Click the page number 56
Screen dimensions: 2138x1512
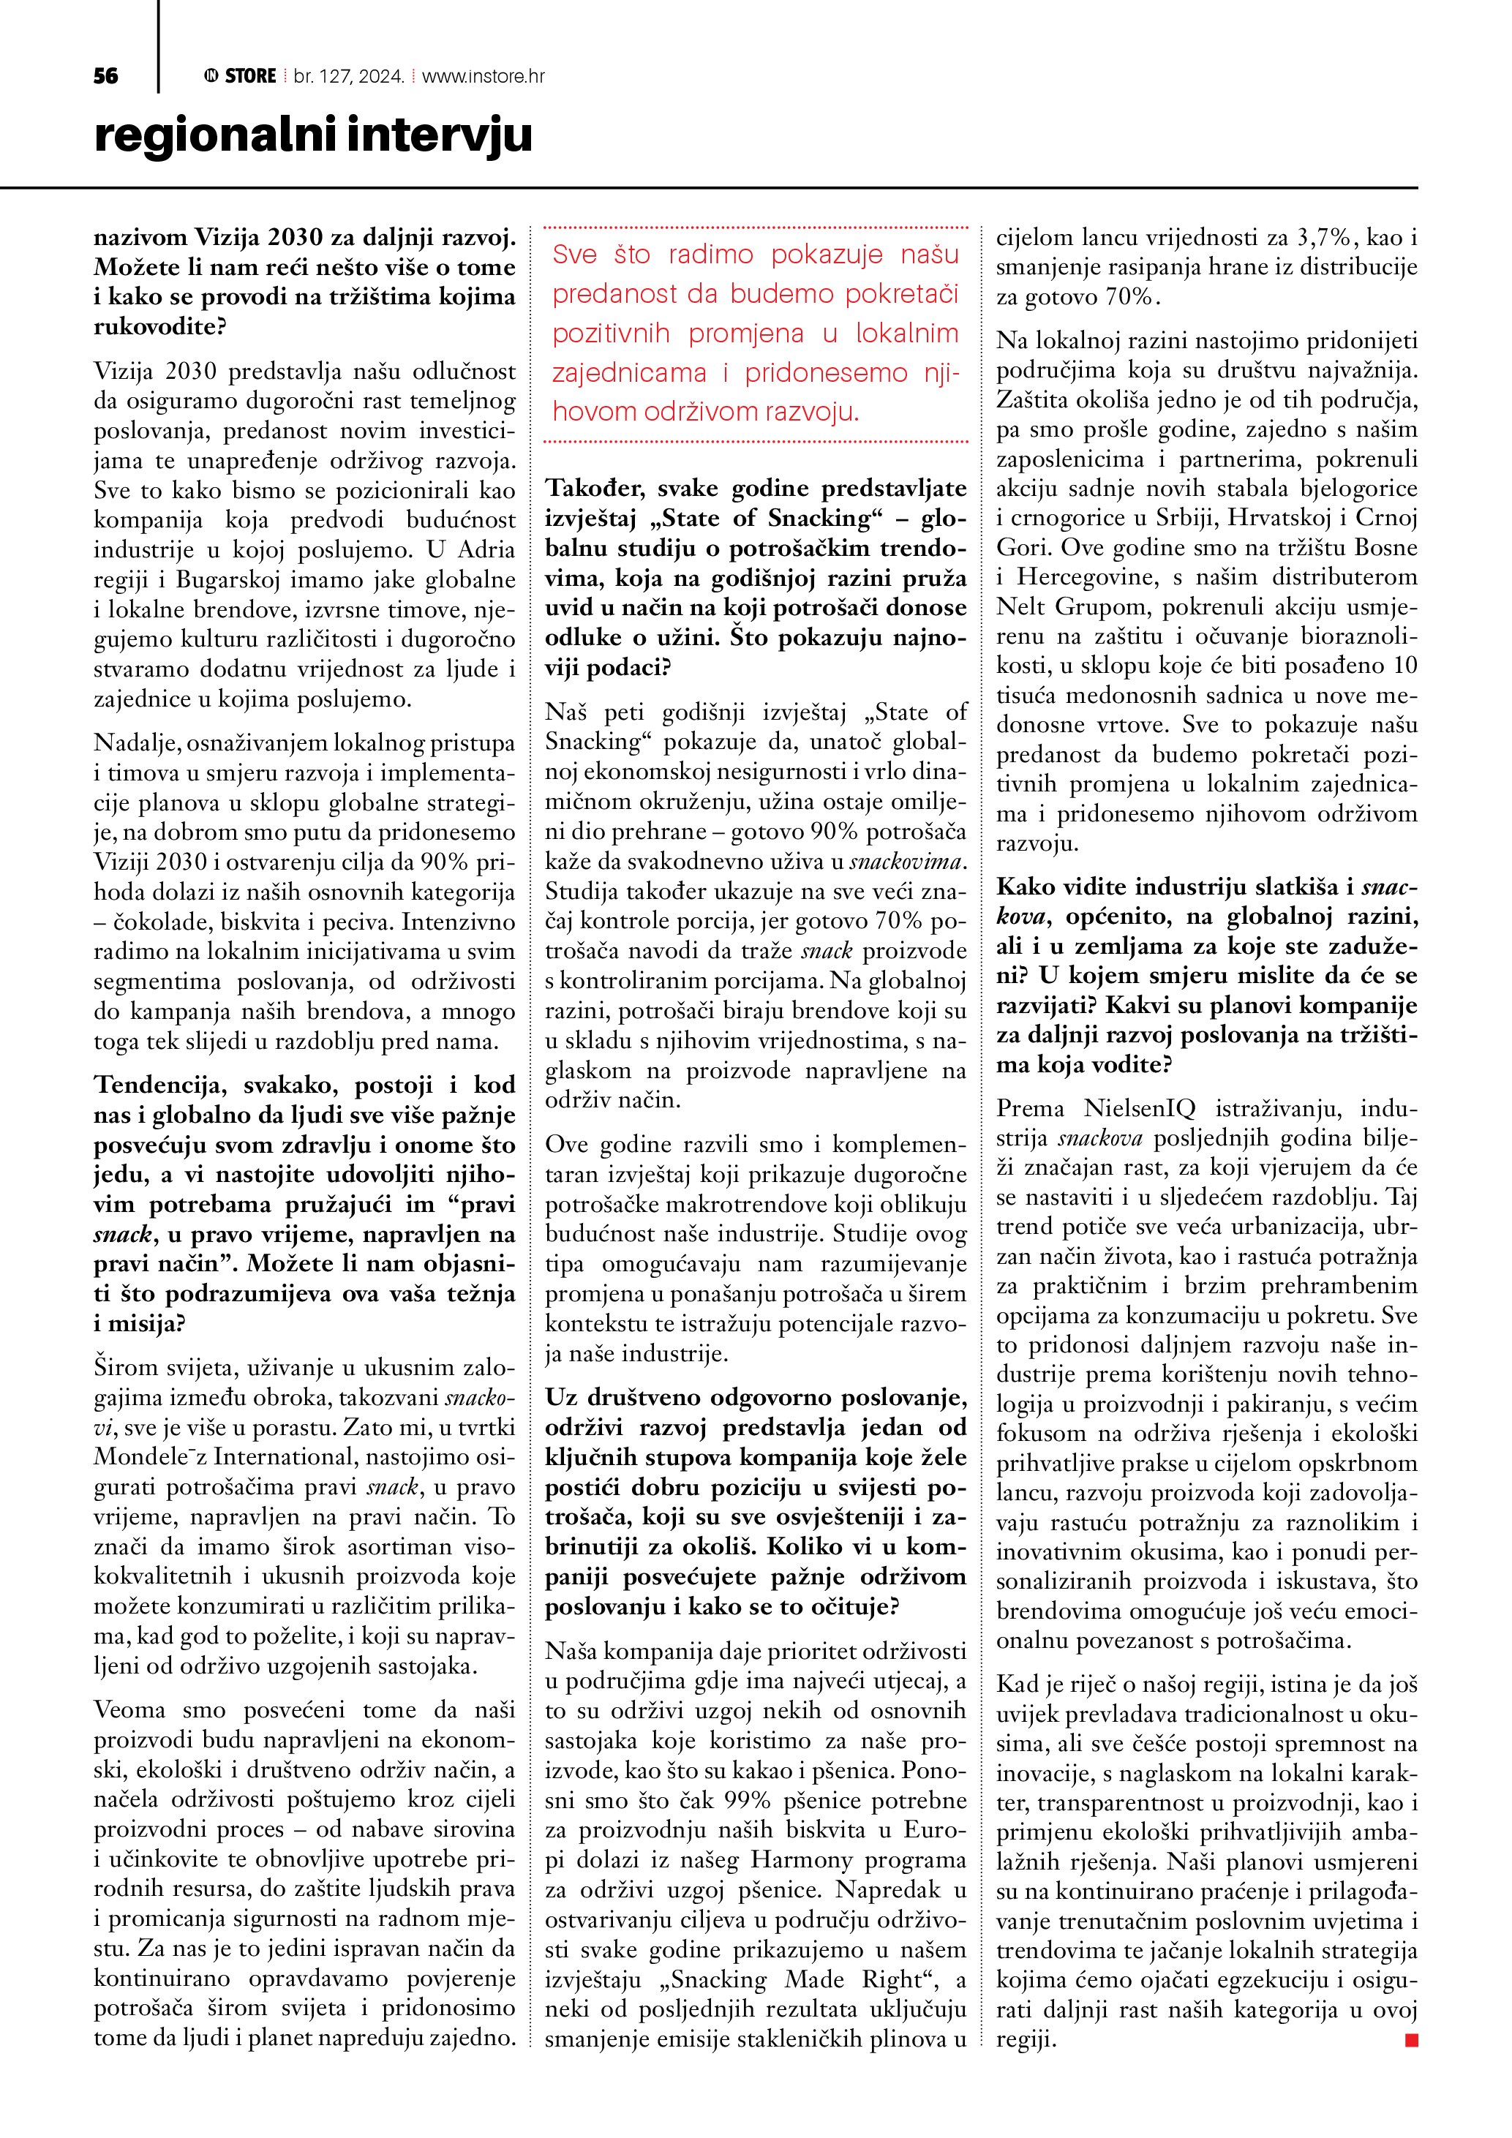click(x=106, y=76)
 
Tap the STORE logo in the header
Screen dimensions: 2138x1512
click(x=241, y=76)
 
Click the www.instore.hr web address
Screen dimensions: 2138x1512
click(x=484, y=76)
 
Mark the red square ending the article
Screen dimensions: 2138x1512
click(x=1410, y=2040)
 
